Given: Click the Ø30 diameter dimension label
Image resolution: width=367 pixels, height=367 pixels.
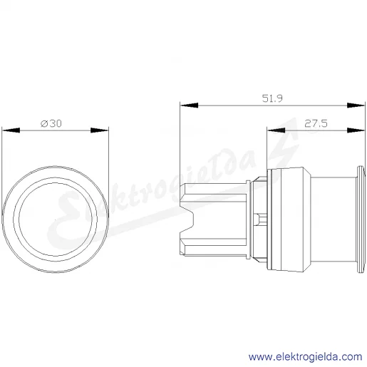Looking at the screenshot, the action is (x=51, y=123).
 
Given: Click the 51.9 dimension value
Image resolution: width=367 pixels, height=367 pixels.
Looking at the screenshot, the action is (x=272, y=98).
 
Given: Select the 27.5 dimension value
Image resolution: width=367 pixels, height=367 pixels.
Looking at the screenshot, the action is (x=316, y=123).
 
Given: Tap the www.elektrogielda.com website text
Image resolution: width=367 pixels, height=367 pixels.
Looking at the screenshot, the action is (x=305, y=357).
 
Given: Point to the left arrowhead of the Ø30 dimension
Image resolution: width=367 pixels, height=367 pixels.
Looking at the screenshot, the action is (x=11, y=130).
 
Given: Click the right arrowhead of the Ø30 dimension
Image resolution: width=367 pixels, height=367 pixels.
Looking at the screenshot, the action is (x=100, y=130).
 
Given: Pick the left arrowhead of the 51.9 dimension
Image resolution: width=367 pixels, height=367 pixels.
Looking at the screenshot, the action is (x=189, y=105).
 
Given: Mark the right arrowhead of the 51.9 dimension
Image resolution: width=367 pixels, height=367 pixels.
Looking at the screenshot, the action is (x=356, y=105).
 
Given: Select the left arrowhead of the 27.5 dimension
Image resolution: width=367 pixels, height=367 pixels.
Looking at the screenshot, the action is (x=276, y=130).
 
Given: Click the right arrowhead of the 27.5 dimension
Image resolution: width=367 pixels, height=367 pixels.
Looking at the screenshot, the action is (x=356, y=130).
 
